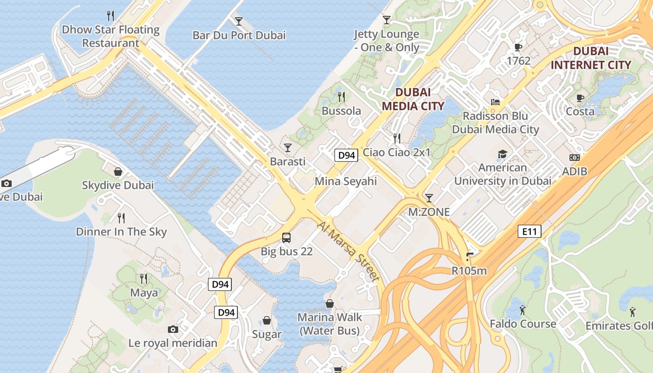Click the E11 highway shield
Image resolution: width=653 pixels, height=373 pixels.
pyautogui.click(x=529, y=231)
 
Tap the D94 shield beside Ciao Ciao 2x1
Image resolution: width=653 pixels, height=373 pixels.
pyautogui.click(x=346, y=155)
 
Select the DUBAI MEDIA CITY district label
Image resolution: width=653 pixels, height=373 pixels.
pyautogui.click(x=413, y=99)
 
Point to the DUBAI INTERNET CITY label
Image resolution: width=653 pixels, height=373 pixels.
pyautogui.click(x=591, y=58)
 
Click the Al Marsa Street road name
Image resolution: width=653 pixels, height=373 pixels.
pyautogui.click(x=347, y=251)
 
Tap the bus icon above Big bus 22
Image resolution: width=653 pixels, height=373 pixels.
pyautogui.click(x=286, y=238)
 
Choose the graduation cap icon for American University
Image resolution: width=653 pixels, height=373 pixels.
pyautogui.click(x=502, y=154)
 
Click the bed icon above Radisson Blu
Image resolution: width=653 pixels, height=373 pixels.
pyautogui.click(x=495, y=102)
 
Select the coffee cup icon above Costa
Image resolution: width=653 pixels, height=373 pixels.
pyautogui.click(x=580, y=98)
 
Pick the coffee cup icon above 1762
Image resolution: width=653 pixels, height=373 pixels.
pyautogui.click(x=518, y=47)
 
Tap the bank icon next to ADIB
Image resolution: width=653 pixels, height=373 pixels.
pyautogui.click(x=575, y=158)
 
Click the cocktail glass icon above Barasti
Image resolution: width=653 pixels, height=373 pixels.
pyautogui.click(x=287, y=148)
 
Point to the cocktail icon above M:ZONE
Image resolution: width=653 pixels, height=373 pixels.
pyautogui.click(x=429, y=198)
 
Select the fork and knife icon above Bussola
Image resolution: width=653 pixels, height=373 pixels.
pyautogui.click(x=341, y=97)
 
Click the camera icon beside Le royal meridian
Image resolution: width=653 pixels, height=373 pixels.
pyautogui.click(x=173, y=330)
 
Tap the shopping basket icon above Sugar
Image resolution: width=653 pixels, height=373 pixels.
pyautogui.click(x=267, y=321)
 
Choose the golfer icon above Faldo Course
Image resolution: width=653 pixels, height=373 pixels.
pyautogui.click(x=522, y=310)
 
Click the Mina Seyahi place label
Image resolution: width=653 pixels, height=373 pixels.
pyautogui.click(x=346, y=181)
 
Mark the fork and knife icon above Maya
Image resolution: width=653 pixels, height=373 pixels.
pyautogui.click(x=144, y=279)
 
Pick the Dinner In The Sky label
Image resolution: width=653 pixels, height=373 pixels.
pyautogui.click(x=121, y=232)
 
